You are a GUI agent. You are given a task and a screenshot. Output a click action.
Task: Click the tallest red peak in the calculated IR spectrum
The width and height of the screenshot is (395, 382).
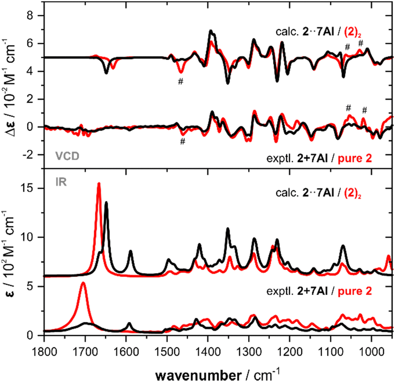99,184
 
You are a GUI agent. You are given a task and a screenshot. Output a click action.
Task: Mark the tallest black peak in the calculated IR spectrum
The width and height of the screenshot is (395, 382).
106,203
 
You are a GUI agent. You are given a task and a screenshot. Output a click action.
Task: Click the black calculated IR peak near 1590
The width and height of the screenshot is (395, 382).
131,251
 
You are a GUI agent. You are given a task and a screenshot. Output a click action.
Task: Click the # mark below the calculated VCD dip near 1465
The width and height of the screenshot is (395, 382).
181,81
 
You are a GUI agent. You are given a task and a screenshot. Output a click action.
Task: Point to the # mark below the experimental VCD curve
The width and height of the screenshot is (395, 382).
182,141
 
